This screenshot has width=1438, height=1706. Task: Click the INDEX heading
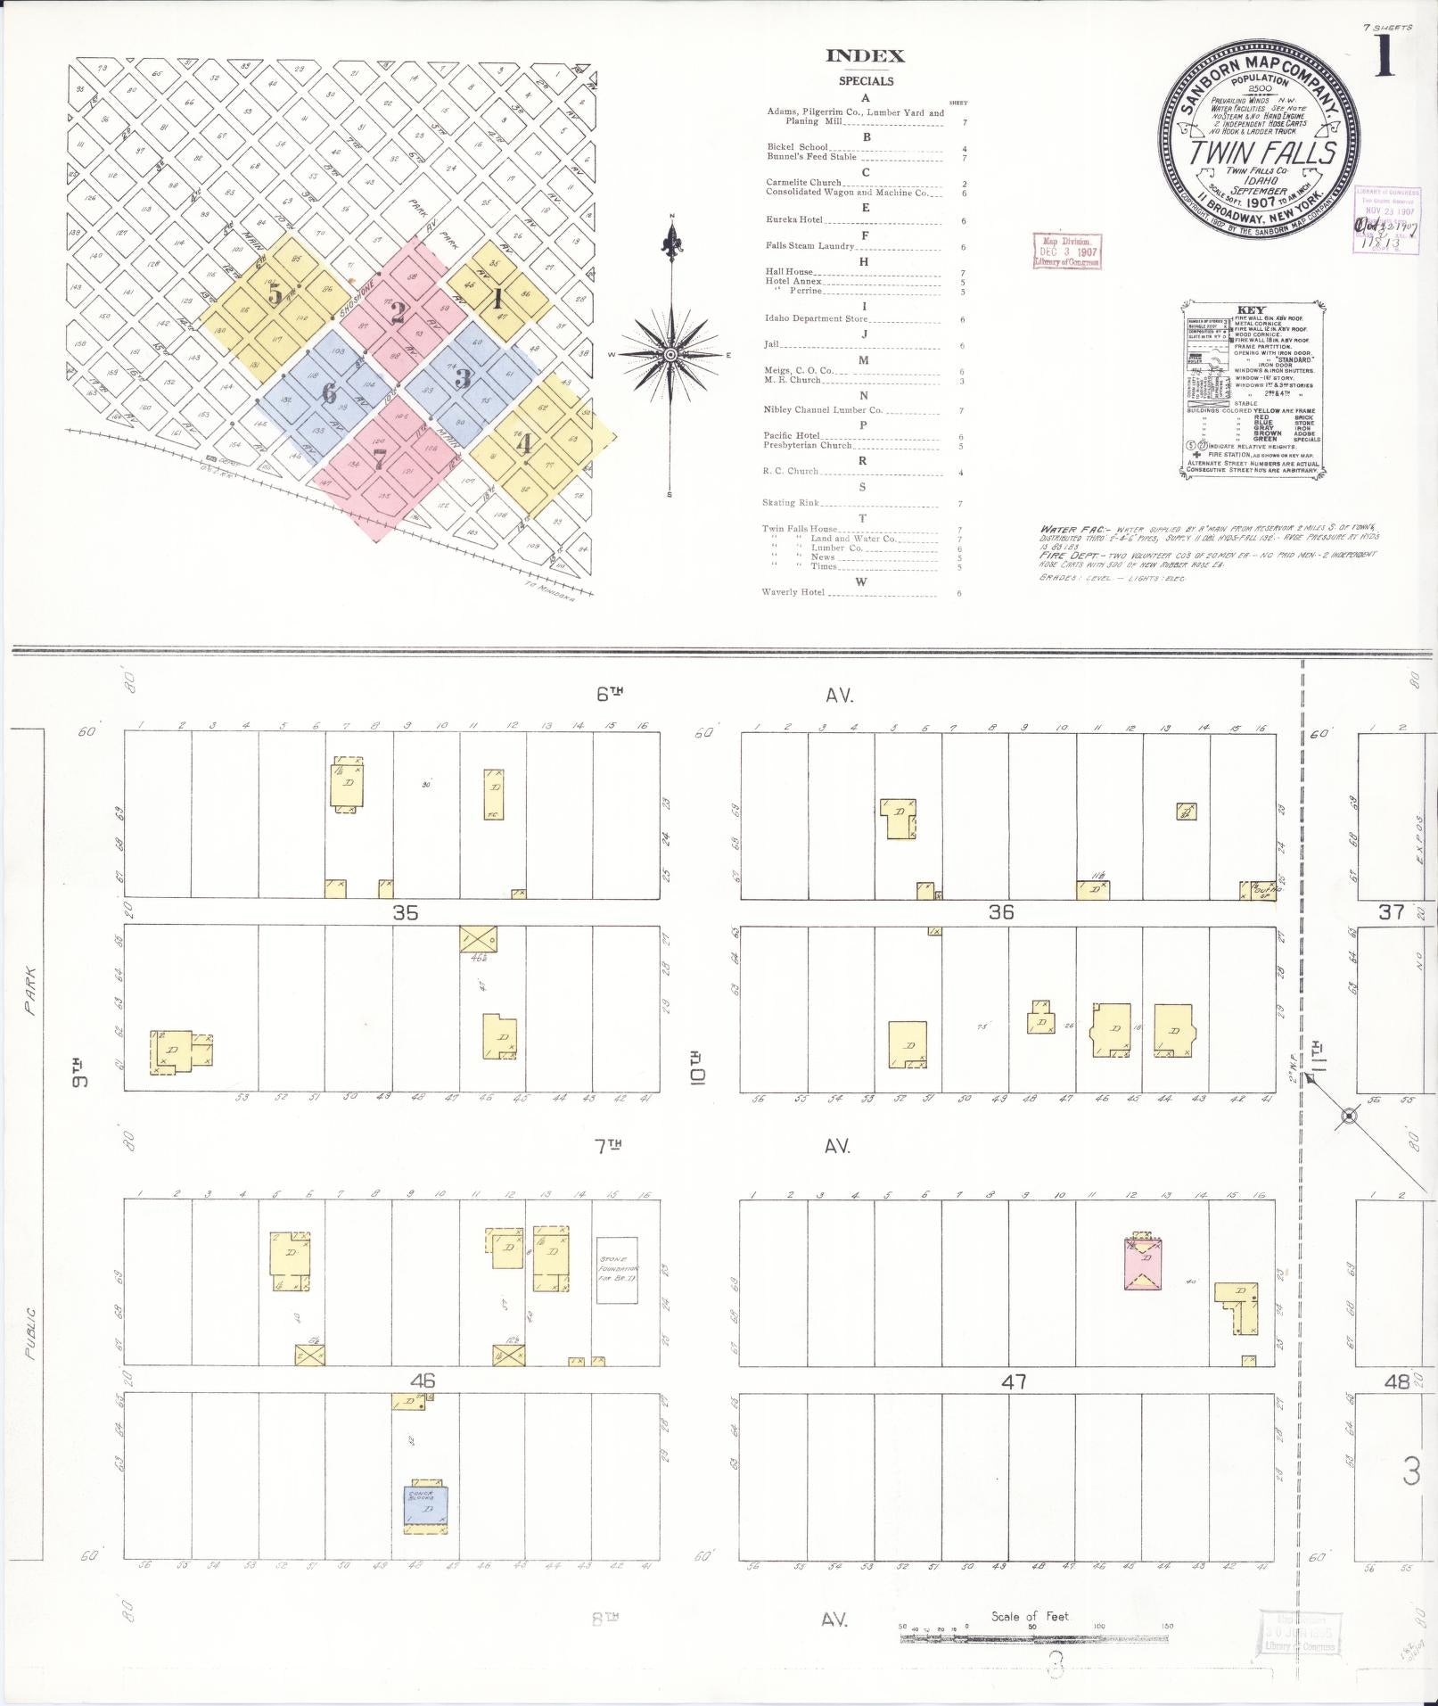point(865,56)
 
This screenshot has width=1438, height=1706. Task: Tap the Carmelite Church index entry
point(803,182)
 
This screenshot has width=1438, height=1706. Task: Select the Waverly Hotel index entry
point(793,592)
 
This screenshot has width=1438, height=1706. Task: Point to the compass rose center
point(670,354)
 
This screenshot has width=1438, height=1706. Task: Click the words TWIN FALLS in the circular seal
point(1261,153)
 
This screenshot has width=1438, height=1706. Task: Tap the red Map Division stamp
point(1067,251)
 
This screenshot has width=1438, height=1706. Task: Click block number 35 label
point(406,912)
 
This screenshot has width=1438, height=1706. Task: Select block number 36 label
point(1001,912)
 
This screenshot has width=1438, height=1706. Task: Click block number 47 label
point(1014,1381)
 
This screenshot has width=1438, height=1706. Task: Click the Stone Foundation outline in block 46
point(617,1270)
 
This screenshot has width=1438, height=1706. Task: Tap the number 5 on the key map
point(276,294)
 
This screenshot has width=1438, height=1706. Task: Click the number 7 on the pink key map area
point(380,460)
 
